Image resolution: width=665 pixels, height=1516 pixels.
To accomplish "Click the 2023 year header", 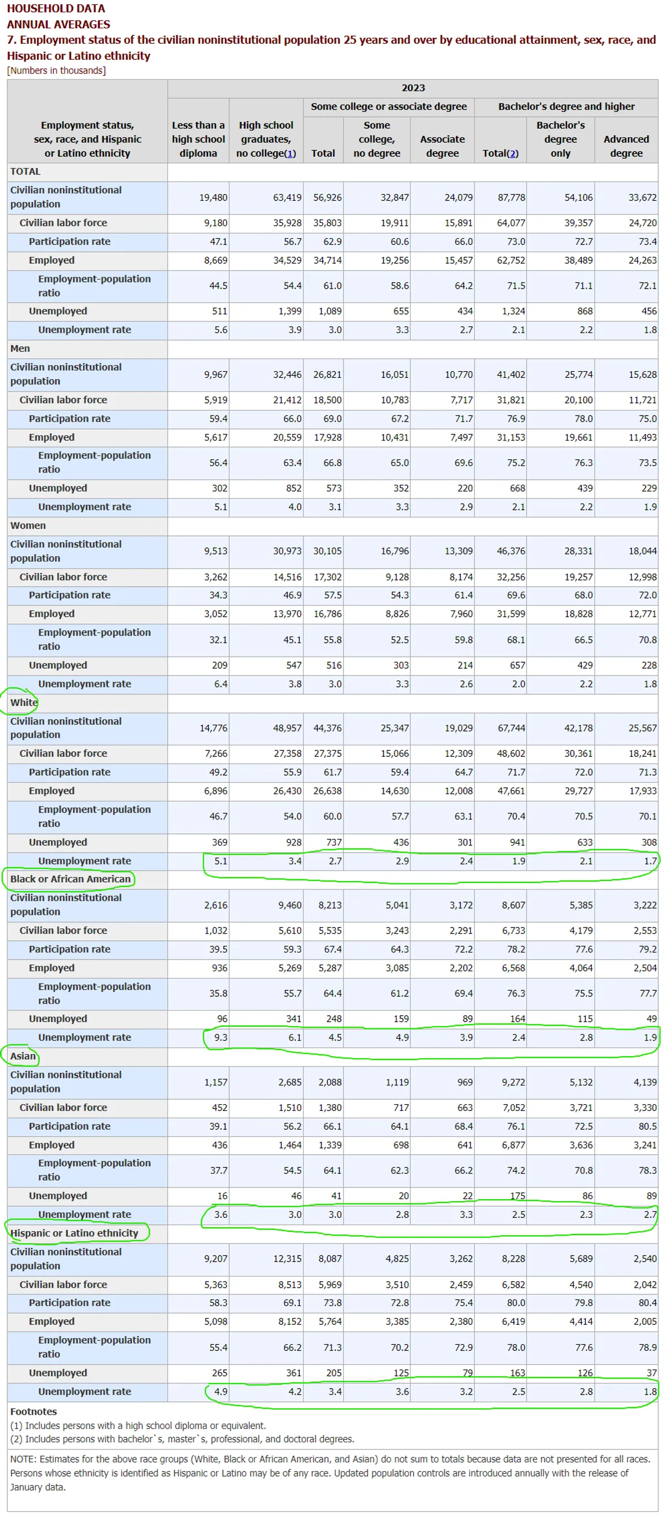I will coord(412,88).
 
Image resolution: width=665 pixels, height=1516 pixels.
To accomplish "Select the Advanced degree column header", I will coord(626,146).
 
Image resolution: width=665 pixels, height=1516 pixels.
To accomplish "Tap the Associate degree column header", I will coord(442,146).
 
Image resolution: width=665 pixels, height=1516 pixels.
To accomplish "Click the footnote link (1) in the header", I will coord(289,153).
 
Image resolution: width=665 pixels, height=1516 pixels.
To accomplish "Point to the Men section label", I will coord(20,349).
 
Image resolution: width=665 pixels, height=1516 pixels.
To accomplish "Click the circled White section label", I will coord(23,702).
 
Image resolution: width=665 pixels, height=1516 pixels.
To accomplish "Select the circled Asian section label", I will coord(23,1056).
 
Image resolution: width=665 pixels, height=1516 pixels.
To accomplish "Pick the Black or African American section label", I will coord(70,879).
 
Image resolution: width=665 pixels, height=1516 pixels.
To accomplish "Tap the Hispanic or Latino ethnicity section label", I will coord(74,1233).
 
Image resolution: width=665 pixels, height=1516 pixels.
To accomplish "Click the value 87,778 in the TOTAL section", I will coord(511,198).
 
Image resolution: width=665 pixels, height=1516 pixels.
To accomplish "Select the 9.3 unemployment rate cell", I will coord(221,1037).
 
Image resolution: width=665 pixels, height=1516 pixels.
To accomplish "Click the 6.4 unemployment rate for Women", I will coord(221,684).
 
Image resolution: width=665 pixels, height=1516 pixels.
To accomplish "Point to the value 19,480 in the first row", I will coord(213,198).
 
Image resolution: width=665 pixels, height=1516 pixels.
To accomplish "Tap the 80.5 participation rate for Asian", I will coord(647,1126).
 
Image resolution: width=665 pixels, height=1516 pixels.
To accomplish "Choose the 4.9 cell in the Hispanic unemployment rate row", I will coord(221,1391).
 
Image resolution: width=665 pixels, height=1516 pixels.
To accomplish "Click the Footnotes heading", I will coord(34,1411).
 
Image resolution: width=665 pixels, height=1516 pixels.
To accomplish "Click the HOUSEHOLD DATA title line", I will coord(56,9).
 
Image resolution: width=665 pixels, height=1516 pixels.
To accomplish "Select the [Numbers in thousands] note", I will coord(57,70).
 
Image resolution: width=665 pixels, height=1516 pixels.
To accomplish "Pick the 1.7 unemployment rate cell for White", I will coord(649,861).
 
